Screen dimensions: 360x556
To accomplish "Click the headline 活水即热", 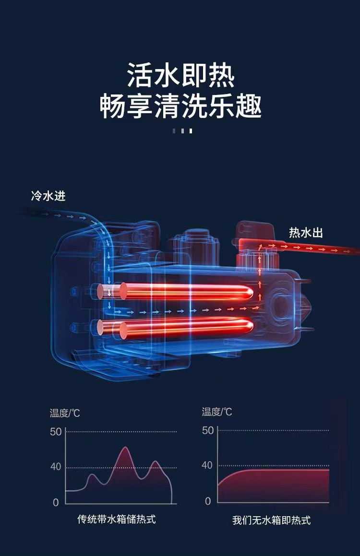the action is pyautogui.click(x=181, y=75).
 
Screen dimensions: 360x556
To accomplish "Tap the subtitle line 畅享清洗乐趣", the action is pyautogui.click(x=181, y=106).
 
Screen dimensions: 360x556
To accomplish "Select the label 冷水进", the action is pyautogui.click(x=48, y=196).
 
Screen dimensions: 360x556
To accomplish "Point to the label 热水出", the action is pyautogui.click(x=306, y=233).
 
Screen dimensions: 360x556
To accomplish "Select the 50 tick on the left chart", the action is pyautogui.click(x=56, y=432).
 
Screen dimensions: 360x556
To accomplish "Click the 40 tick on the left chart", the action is pyautogui.click(x=56, y=466).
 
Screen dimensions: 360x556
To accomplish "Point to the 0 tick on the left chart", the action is pyautogui.click(x=56, y=502).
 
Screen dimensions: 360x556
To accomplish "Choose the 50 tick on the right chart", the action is pyautogui.click(x=208, y=430).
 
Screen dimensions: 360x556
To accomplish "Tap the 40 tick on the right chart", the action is pyautogui.click(x=207, y=465).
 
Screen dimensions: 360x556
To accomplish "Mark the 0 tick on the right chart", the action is pyautogui.click(x=208, y=501).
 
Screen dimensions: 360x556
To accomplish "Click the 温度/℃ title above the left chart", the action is pyautogui.click(x=65, y=413).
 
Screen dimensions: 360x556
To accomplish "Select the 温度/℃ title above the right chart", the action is pyautogui.click(x=217, y=412).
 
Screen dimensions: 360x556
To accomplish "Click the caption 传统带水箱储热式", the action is pyautogui.click(x=117, y=520).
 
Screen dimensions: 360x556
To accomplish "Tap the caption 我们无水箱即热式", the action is pyautogui.click(x=271, y=520).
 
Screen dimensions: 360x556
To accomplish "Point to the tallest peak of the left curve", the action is pyautogui.click(x=125, y=447).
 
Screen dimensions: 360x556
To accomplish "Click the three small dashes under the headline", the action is pyautogui.click(x=182, y=131).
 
